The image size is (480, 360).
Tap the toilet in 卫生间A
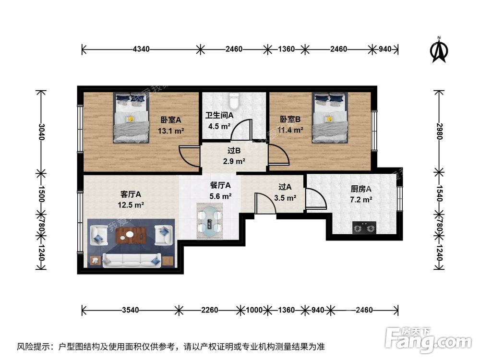click(234, 100)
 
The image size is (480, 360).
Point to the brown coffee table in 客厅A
click(133, 235)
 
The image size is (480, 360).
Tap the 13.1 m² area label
click(171, 130)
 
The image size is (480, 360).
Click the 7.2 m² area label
click(361, 200)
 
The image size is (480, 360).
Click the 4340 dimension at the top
click(141, 49)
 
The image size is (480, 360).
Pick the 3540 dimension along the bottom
click(131, 310)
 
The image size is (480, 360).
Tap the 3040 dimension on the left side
click(42, 131)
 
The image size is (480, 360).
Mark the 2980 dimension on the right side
click(438, 130)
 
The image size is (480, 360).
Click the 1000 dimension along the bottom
click(254, 310)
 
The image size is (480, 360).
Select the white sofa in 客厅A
click(128, 259)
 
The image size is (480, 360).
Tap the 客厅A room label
click(130, 194)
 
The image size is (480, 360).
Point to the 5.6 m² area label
click(221, 196)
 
